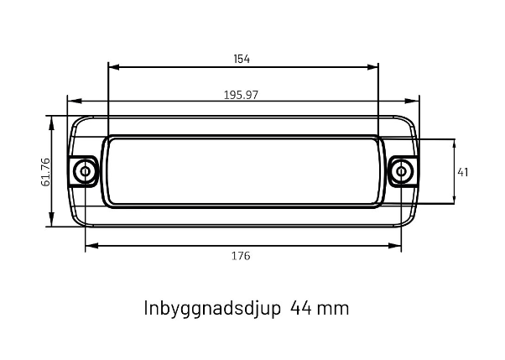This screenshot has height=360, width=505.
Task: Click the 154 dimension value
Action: pos(242,59)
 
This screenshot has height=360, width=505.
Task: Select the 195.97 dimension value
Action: pos(241,95)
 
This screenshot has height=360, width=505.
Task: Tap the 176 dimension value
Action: pos(241,256)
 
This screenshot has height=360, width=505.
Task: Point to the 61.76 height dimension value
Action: pos(46,172)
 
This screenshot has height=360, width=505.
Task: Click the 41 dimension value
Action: pos(463,172)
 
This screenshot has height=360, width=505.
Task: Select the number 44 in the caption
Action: pos(301,308)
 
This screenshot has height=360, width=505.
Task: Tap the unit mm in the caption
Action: pos(333,310)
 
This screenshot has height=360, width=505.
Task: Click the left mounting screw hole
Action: pos(85,171)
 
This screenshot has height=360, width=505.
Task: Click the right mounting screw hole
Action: pos(401,171)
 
